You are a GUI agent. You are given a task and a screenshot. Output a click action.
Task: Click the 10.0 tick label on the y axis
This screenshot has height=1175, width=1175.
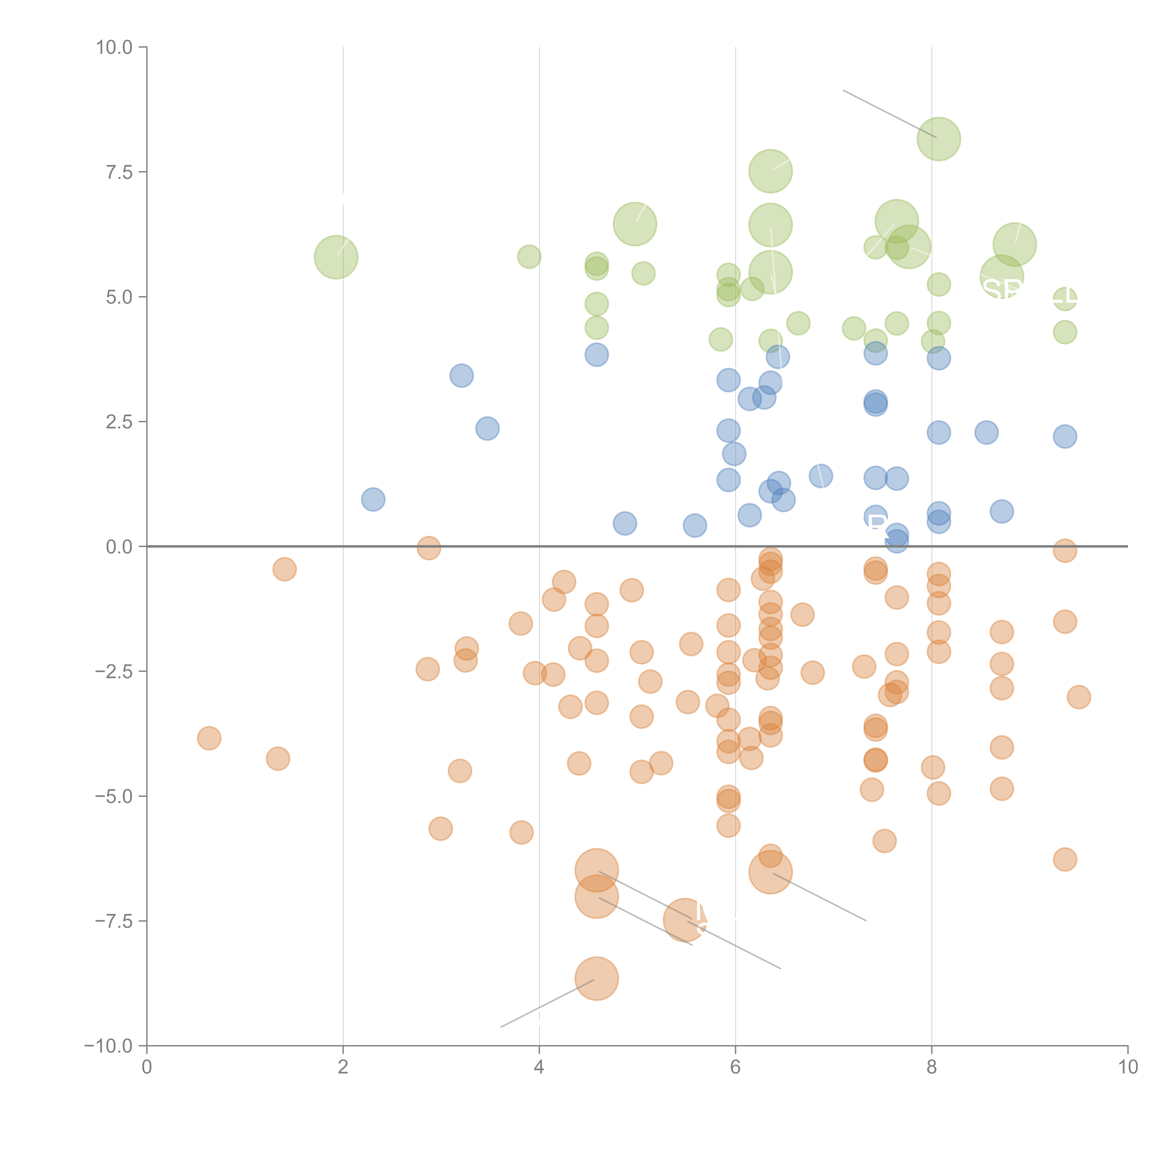(x=114, y=47)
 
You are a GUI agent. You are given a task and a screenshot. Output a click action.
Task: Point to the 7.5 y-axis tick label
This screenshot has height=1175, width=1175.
(x=119, y=172)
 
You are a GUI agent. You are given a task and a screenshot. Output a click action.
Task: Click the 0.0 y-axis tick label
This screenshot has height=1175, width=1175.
(x=119, y=547)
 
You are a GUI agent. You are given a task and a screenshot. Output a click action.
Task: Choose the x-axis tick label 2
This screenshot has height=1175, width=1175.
(x=343, y=1067)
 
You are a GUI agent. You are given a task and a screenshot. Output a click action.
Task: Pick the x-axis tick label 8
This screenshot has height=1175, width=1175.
(x=932, y=1067)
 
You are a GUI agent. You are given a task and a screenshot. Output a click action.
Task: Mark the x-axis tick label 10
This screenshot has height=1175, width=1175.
(x=1128, y=1067)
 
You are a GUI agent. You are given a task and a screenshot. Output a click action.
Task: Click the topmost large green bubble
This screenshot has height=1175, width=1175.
(x=938, y=139)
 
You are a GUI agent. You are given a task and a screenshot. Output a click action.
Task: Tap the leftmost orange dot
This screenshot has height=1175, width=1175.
(x=209, y=738)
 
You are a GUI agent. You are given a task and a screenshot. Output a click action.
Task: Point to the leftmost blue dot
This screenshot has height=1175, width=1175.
(x=373, y=499)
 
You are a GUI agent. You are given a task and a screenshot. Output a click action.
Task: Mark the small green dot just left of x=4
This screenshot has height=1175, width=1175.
(x=529, y=257)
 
